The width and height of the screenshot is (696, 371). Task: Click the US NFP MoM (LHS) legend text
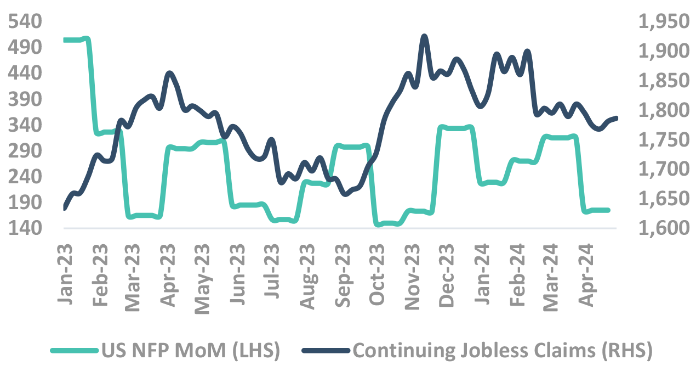191,351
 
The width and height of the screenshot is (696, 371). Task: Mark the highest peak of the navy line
424,36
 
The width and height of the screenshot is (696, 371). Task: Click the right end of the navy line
617,118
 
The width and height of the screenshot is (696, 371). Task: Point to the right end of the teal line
608,210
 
